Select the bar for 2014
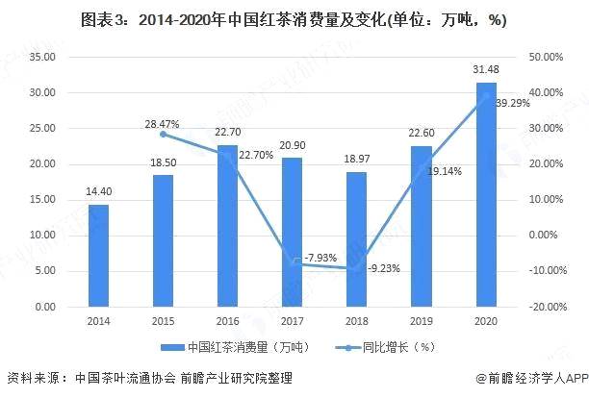coord(99,256)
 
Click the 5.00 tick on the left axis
coord(43,271)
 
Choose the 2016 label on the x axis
coord(227,321)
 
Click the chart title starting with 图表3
coord(294,19)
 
